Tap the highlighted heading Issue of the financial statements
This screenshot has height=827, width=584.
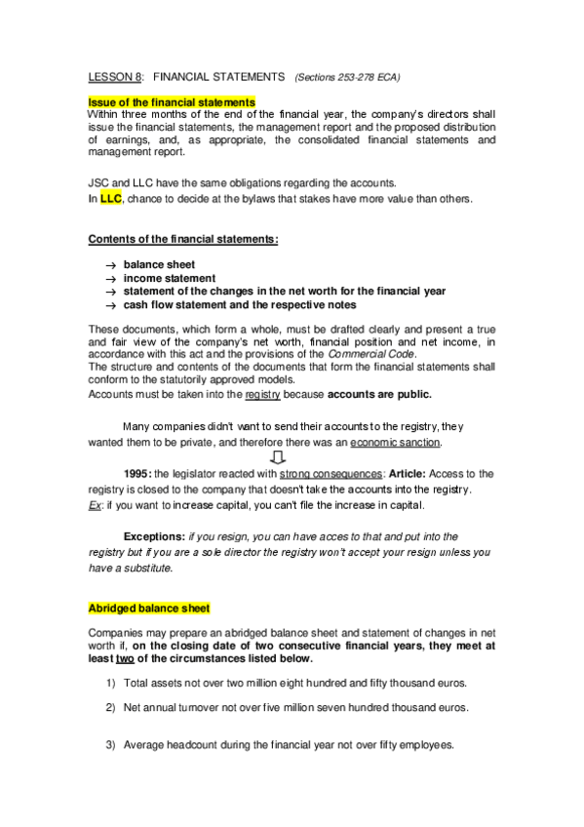coord(172,101)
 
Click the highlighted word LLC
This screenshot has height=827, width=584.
coord(110,200)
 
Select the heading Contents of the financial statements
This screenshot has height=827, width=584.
coord(183,240)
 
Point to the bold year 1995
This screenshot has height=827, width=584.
coord(136,474)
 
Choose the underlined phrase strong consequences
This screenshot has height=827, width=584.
coord(317,474)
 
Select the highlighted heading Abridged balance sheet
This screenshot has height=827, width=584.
coord(148,608)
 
